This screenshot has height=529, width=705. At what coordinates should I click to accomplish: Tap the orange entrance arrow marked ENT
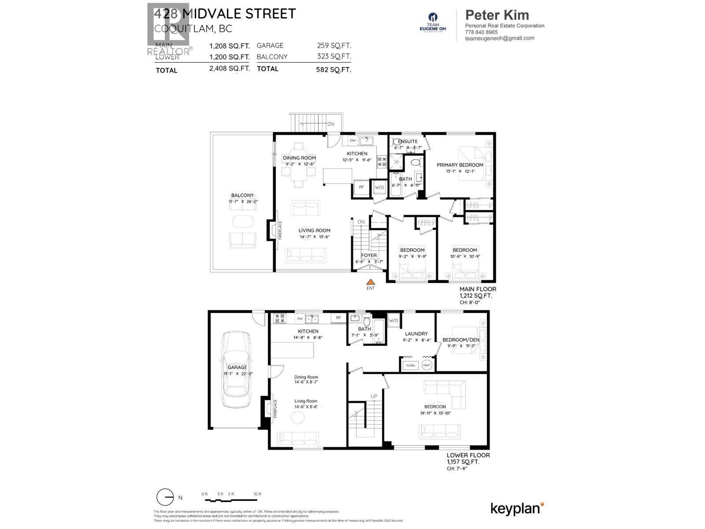(x=371, y=282)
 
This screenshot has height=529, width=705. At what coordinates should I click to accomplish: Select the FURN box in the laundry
(x=410, y=365)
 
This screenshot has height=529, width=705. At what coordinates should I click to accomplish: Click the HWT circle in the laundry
(x=427, y=365)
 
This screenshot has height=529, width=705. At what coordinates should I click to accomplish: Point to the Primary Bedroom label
(x=460, y=165)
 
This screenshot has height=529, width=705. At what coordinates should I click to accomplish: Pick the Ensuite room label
(x=408, y=142)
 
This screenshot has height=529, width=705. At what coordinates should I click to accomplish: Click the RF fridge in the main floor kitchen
(x=361, y=187)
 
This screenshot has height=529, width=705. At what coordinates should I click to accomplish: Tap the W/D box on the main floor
(x=379, y=187)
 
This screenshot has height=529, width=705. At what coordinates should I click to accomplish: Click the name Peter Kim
(x=497, y=15)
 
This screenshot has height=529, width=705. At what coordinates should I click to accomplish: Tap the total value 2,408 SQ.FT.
(x=230, y=68)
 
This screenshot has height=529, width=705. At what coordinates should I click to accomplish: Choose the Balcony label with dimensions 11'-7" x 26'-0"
(x=242, y=195)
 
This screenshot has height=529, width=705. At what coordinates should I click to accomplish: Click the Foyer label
(x=369, y=255)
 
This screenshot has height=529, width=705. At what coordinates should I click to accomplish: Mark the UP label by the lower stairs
(x=374, y=396)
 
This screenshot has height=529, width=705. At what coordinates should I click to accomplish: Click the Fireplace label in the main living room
(x=280, y=230)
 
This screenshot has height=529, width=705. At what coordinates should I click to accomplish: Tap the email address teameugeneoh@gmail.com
(x=500, y=38)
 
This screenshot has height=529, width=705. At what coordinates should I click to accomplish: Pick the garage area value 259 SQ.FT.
(x=334, y=45)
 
